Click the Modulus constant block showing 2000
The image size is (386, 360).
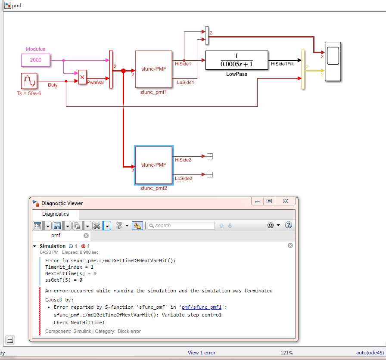pyautogui.click(x=36, y=60)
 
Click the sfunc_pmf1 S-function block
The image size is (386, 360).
pyautogui.click(x=153, y=69)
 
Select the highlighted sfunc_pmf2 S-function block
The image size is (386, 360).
pyautogui.click(x=154, y=165)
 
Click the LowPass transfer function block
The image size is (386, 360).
pyautogui.click(x=236, y=60)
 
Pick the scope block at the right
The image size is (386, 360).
pyautogui.click(x=333, y=62)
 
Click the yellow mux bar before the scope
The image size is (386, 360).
pyautogui.click(x=303, y=69)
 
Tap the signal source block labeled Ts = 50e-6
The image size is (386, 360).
pyautogui.click(x=29, y=81)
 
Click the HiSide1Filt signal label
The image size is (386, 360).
pyautogui.click(x=283, y=64)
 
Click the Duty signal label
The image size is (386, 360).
pyautogui.click(x=53, y=85)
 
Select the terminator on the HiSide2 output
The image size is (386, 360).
pyautogui.click(x=211, y=156)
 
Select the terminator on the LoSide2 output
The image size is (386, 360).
pyautogui.click(x=211, y=174)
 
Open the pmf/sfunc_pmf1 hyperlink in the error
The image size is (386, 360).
pyautogui.click(x=201, y=307)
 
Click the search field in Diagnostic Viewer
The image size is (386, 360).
pyautogui.click(x=181, y=225)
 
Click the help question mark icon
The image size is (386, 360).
pyautogui.click(x=289, y=225)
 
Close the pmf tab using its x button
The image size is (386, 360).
pyautogui.click(x=86, y=236)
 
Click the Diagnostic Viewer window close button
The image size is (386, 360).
pyautogui.click(x=285, y=202)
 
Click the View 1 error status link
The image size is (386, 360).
pyautogui.click(x=201, y=353)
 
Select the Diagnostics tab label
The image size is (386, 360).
pyautogui.click(x=56, y=214)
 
